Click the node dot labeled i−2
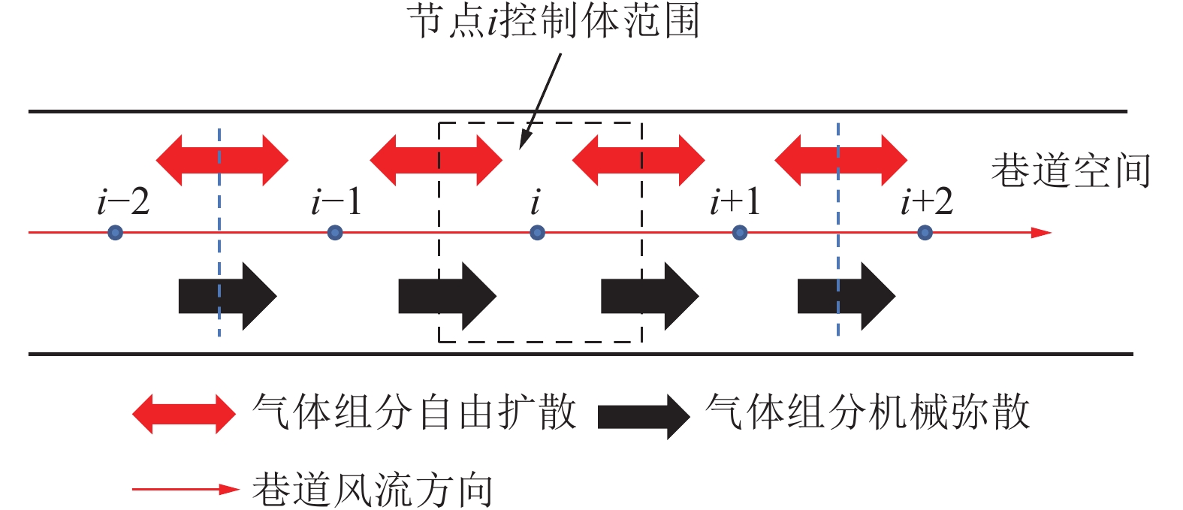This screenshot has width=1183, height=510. point(115,233)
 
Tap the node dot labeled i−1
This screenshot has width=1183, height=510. point(335,233)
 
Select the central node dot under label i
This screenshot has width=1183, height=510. point(537,233)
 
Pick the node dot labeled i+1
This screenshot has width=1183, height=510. point(740,233)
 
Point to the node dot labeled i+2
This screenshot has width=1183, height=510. point(925,233)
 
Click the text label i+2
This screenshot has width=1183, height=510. point(927,201)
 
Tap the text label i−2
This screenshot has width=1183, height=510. point(123,201)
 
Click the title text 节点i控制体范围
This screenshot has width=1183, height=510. point(554,21)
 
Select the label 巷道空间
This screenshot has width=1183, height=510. point(1070,171)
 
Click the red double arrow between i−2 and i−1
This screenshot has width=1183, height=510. point(222,160)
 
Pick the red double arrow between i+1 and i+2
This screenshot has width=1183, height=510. point(840,160)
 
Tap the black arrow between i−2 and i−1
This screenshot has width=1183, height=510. point(228,296)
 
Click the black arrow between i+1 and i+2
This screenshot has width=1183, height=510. point(846,296)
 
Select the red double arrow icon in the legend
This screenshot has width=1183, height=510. point(184,414)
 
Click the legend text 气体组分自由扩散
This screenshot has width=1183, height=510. point(415,412)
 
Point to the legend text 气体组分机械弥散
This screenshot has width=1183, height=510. point(868,412)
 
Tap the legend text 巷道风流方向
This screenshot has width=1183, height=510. point(373,490)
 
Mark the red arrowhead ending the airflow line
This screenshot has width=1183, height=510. point(1041,233)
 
